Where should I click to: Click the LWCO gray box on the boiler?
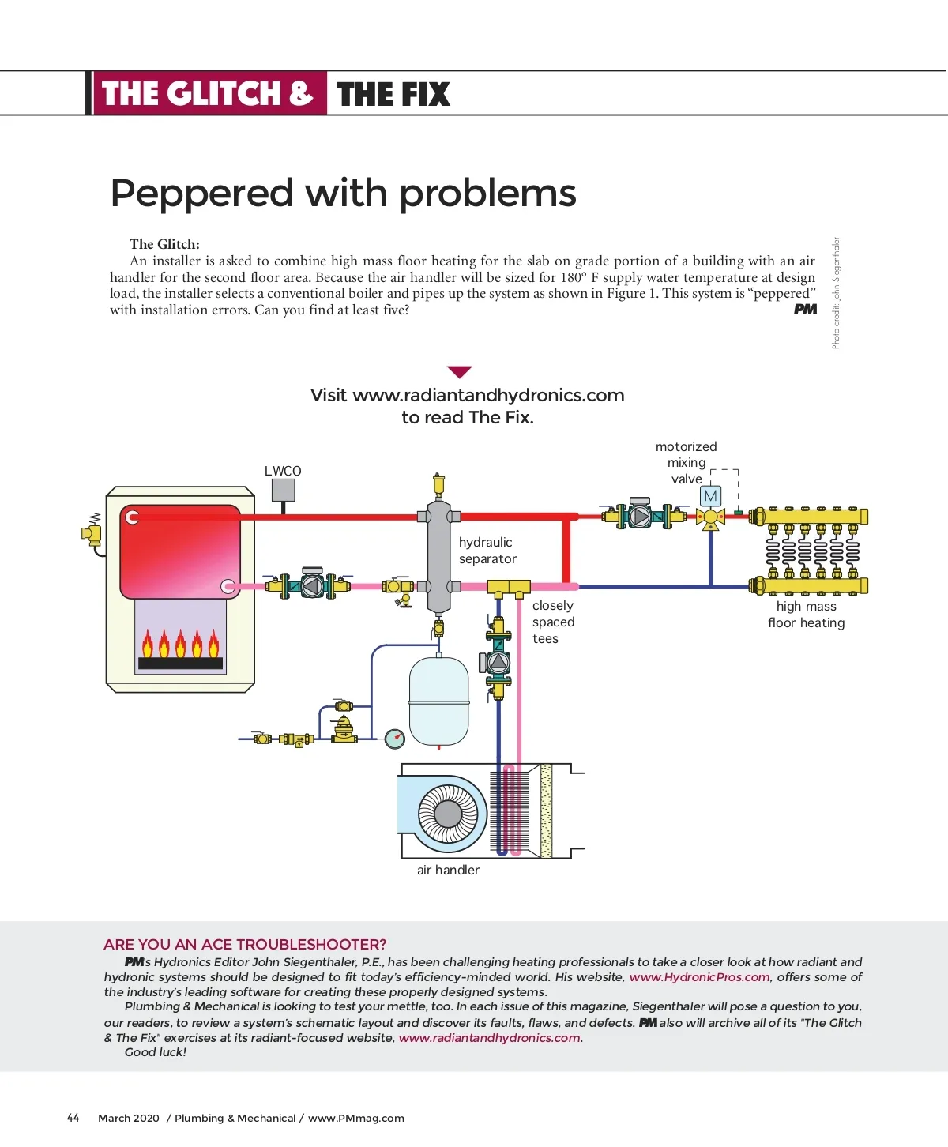pyautogui.click(x=283, y=490)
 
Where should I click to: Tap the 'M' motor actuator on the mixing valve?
pyautogui.click(x=711, y=496)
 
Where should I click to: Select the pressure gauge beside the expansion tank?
pyautogui.click(x=394, y=739)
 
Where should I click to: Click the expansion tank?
pyautogui.click(x=438, y=701)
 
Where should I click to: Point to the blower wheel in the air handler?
pyautogui.click(x=447, y=813)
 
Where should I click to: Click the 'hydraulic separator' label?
pyautogui.click(x=487, y=551)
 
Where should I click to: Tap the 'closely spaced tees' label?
pyautogui.click(x=553, y=622)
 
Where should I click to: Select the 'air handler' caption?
pyautogui.click(x=448, y=870)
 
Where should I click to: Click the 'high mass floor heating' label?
pyautogui.click(x=806, y=615)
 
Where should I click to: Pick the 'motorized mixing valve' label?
pyautogui.click(x=686, y=463)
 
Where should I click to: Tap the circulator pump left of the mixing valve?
pyautogui.click(x=640, y=516)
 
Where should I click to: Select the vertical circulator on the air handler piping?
pyautogui.click(x=498, y=662)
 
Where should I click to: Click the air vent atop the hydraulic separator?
pyautogui.click(x=439, y=483)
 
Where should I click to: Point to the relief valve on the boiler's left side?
pyautogui.click(x=92, y=532)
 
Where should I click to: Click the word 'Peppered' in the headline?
pyautogui.click(x=201, y=194)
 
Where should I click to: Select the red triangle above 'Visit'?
pyautogui.click(x=459, y=372)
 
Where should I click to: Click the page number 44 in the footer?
pyautogui.click(x=73, y=1118)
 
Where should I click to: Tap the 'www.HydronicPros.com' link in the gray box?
pyautogui.click(x=699, y=977)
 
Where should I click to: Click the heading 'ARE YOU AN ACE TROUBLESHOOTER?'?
pyautogui.click(x=245, y=944)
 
